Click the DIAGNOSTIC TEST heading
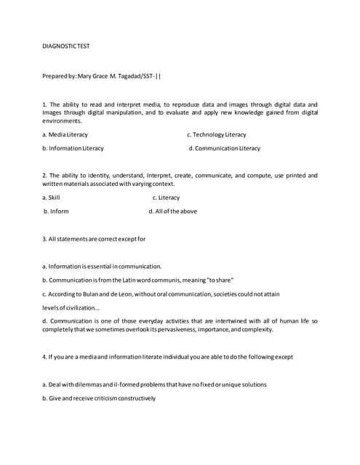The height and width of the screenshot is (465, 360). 66,46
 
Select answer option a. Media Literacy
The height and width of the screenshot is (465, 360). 65,134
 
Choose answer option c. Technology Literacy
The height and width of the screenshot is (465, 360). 217,134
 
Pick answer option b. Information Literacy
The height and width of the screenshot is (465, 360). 73,148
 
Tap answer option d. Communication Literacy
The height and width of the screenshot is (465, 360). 224,148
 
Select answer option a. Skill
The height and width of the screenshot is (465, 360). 51,198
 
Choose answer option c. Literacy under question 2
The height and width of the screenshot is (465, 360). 166,198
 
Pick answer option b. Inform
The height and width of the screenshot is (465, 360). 56,211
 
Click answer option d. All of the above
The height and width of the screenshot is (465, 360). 172,211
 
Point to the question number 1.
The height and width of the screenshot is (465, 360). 44,105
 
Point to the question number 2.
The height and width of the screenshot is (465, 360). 44,176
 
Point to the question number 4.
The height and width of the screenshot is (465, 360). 44,357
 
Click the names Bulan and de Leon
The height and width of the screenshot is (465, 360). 114,294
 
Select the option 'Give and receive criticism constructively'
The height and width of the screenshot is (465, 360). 99,398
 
